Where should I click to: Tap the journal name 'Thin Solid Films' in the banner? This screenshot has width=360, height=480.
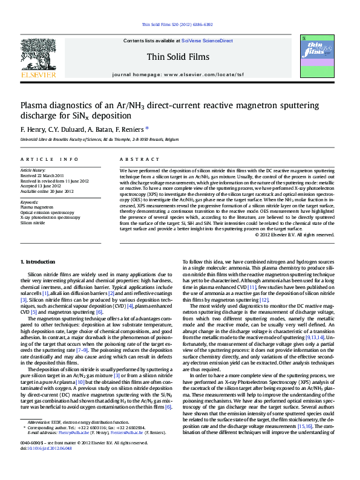tap(178, 57)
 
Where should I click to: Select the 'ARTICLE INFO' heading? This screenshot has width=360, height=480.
tap(50, 158)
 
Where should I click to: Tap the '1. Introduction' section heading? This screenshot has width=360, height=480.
tap(38, 261)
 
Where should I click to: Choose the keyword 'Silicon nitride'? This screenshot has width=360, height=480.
tap(33, 222)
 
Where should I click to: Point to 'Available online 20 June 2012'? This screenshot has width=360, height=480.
tap(47, 191)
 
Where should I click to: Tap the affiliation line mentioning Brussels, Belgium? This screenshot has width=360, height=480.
tap(91, 139)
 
